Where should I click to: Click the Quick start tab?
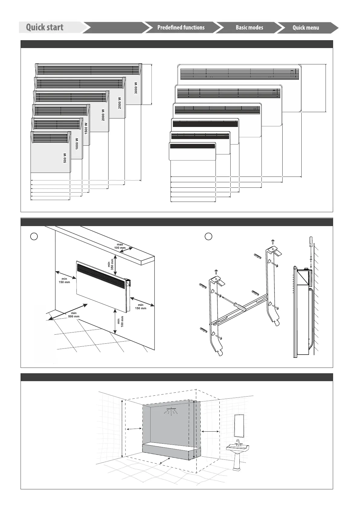click(x=45, y=27)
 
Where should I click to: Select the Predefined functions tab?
click(x=181, y=28)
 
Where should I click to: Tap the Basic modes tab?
click(x=249, y=28)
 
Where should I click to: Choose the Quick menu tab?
click(x=306, y=28)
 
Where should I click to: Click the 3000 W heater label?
click(x=136, y=88)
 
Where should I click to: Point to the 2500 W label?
click(x=119, y=103)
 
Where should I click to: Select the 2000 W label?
click(x=103, y=115)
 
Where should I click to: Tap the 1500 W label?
click(x=86, y=128)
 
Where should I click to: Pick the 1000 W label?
click(x=77, y=144)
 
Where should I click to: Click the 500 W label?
click(x=65, y=158)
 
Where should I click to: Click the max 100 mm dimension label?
click(x=120, y=246)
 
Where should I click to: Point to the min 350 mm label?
click(x=111, y=263)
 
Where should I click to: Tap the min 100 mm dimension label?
click(x=120, y=322)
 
